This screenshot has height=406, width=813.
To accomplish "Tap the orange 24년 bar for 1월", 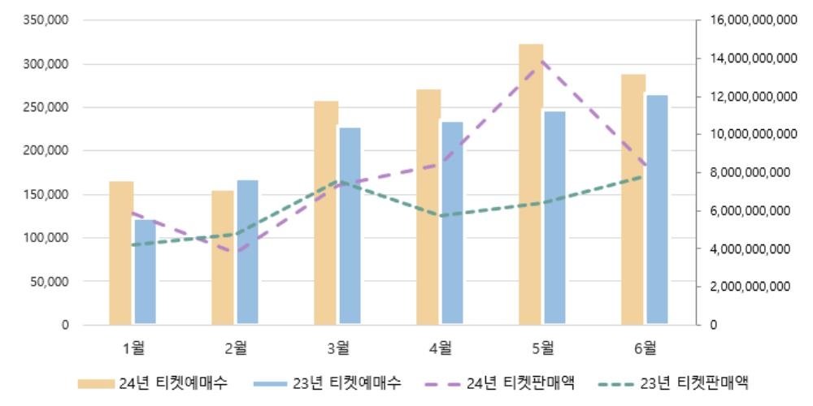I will tap(121, 253).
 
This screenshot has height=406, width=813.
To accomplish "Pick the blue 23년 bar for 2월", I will tap(247, 252).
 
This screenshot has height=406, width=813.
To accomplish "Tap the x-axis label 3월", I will tap(338, 348).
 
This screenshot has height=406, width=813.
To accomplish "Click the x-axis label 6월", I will tap(646, 348).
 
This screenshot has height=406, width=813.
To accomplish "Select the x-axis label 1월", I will tap(133, 348).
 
